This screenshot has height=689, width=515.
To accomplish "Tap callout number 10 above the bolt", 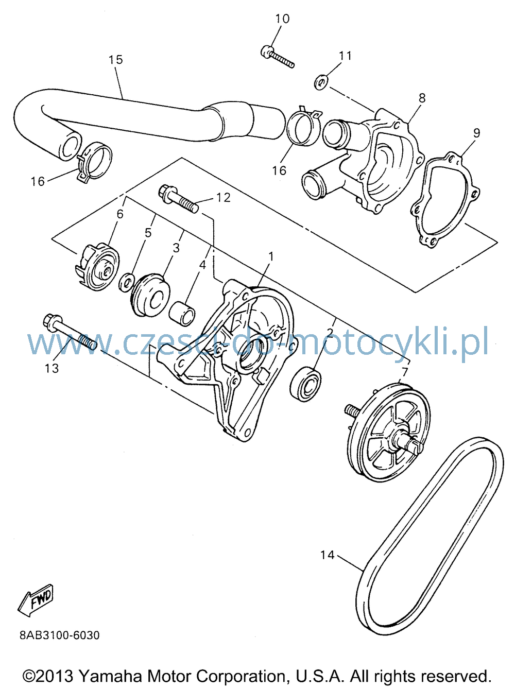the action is coord(282,19).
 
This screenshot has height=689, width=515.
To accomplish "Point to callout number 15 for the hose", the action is coord(116,60).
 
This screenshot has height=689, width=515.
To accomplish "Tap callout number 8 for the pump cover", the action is coord(422,98).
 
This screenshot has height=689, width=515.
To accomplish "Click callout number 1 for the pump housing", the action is coord(271,257).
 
